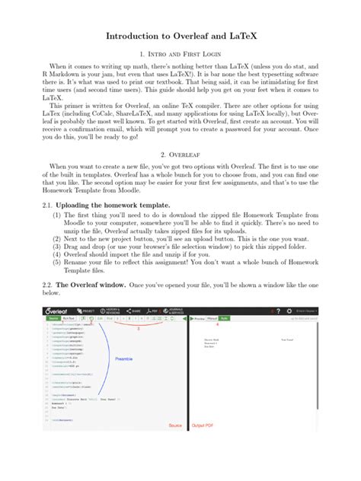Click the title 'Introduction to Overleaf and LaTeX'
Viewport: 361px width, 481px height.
pyautogui.click(x=180, y=37)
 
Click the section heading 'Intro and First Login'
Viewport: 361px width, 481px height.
pyautogui.click(x=180, y=55)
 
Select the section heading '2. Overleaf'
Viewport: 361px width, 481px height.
pyautogui.click(x=180, y=152)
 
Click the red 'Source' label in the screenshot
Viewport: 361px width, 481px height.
pyautogui.click(x=175, y=425)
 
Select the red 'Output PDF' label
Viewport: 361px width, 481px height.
pyautogui.click(x=203, y=425)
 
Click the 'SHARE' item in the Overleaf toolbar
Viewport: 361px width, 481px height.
pyautogui.click(x=135, y=311)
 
